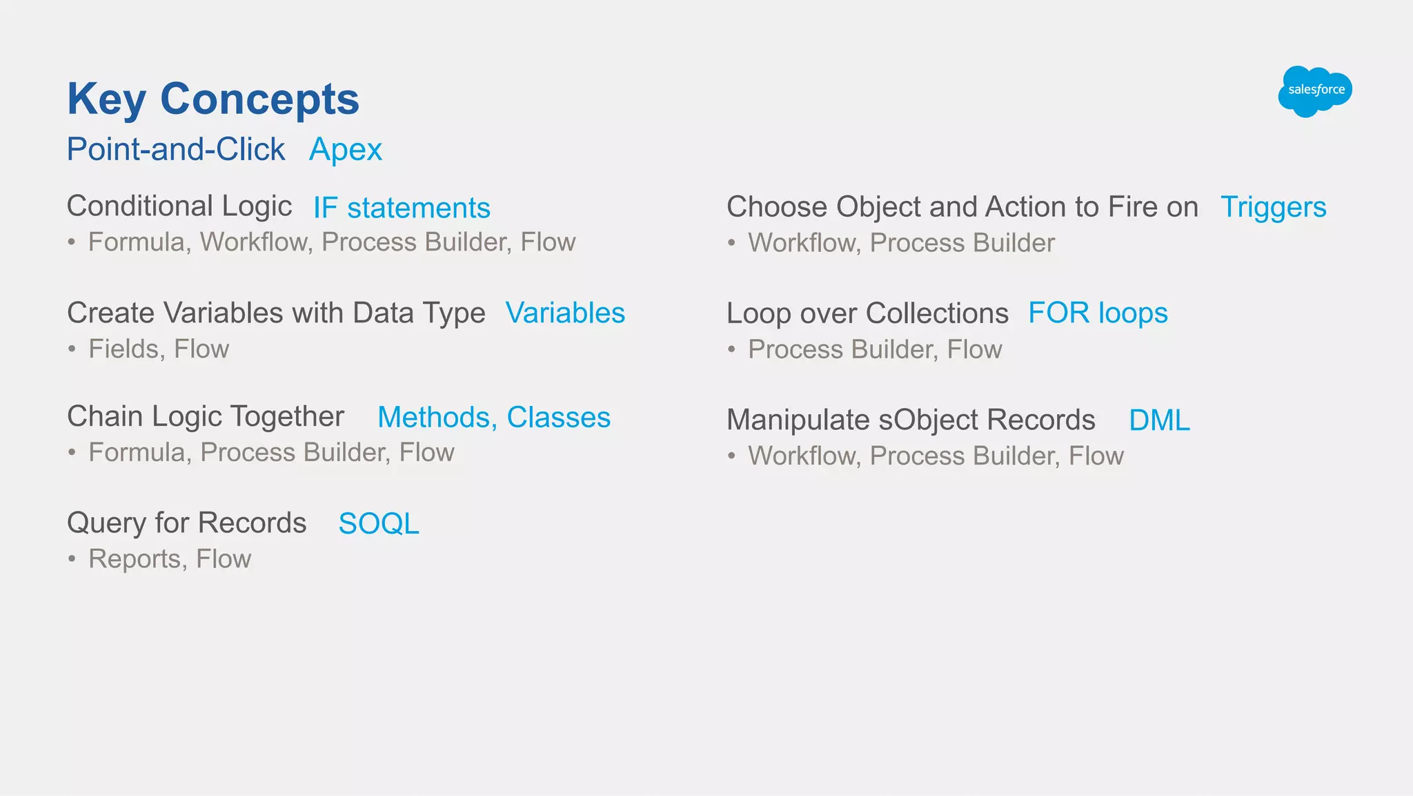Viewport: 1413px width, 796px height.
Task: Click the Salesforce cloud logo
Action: (x=1314, y=91)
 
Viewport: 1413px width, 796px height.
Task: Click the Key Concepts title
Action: (x=213, y=99)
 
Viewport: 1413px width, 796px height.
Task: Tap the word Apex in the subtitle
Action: (x=345, y=150)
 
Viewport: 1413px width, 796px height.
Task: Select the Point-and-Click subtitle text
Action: (x=176, y=150)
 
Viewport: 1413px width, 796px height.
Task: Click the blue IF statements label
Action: (x=402, y=208)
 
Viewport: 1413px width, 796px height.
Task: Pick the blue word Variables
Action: (x=565, y=313)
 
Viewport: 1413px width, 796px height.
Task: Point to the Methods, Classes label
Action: (x=494, y=417)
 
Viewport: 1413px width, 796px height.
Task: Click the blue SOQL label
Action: (x=379, y=524)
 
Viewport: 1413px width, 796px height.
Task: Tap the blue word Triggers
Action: (x=1273, y=207)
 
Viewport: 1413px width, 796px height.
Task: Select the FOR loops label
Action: (x=1098, y=313)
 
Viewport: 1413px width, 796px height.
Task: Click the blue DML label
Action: (x=1159, y=420)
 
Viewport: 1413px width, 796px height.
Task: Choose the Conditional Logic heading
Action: (x=179, y=206)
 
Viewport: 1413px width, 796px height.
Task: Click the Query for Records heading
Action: (x=186, y=523)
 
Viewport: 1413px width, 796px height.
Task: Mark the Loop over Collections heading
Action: (x=867, y=313)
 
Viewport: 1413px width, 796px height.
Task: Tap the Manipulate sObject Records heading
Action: (x=911, y=420)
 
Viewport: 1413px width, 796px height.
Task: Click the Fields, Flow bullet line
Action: (x=159, y=349)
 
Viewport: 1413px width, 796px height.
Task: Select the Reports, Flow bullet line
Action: (x=170, y=559)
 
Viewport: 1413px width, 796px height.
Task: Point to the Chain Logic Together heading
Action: (x=206, y=416)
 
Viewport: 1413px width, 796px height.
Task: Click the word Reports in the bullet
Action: (x=137, y=559)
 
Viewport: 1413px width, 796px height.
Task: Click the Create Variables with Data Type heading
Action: (x=276, y=313)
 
